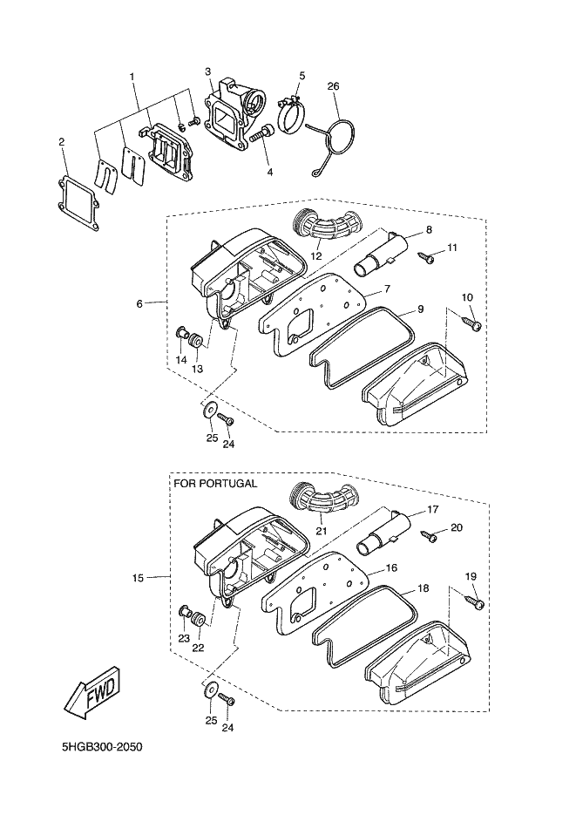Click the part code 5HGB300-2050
pos(102,748)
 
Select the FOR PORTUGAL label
pos(215,484)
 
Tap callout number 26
pos(333,86)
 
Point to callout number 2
pos(61,141)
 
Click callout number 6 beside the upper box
pos(139,303)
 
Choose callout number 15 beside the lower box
pos(139,577)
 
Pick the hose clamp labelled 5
pos(294,114)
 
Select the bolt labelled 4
pos(261,134)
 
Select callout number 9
pos(419,309)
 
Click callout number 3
pos(209,71)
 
